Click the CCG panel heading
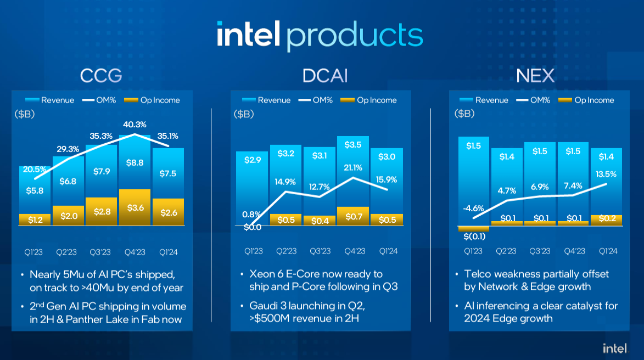tap(101, 75)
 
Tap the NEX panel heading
tap(535, 75)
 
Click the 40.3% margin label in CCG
tap(135, 125)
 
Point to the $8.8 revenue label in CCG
tap(135, 162)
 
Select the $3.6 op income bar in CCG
tap(135, 207)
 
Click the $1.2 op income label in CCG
tap(35, 219)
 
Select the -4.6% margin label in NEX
tap(473, 208)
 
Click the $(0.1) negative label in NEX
tap(473, 236)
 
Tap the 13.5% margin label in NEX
tap(606, 175)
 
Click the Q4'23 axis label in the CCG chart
tap(135, 252)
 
